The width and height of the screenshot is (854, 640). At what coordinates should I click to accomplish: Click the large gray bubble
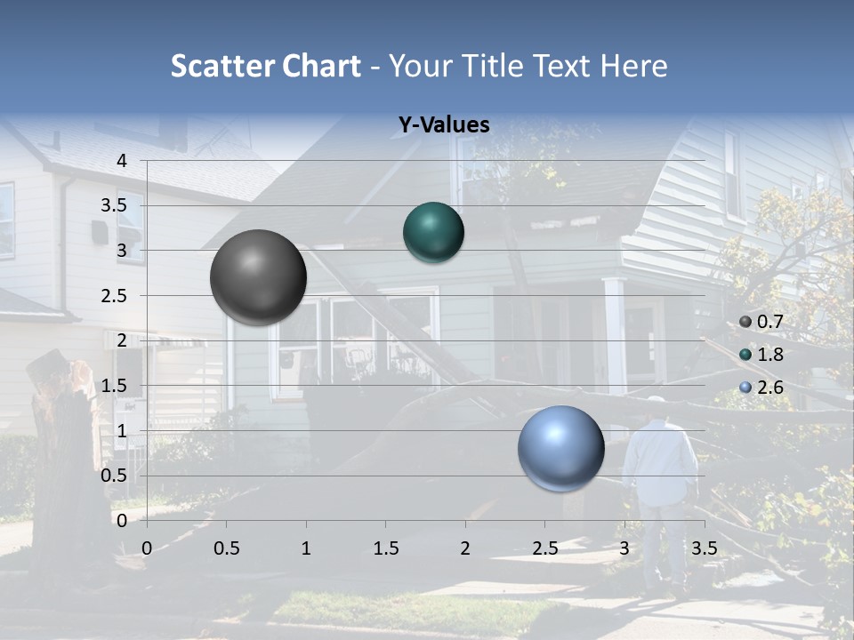tap(258, 277)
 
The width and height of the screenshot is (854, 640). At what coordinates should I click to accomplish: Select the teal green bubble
tap(433, 233)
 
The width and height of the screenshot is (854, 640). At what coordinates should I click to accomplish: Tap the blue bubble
tap(560, 449)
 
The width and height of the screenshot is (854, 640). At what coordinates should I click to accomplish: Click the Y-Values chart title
tap(444, 125)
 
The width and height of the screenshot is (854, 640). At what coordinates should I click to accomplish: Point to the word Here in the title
tap(633, 66)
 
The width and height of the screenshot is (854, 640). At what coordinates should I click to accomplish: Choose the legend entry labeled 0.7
tap(761, 322)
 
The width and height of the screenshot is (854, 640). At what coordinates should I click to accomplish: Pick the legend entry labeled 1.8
tap(761, 355)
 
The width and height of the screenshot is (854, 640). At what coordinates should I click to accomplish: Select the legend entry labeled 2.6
tap(761, 387)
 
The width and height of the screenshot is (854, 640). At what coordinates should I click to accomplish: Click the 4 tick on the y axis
tap(123, 161)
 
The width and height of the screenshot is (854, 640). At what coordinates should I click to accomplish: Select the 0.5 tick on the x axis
tap(227, 548)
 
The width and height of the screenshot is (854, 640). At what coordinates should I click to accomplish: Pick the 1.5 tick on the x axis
tap(385, 548)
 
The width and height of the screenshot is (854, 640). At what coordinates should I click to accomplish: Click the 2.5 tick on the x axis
tap(544, 548)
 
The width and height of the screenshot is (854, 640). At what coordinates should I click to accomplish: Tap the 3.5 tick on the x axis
tap(704, 548)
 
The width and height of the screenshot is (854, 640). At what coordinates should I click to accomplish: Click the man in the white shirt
tap(658, 471)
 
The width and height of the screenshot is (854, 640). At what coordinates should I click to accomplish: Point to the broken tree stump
tap(62, 444)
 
